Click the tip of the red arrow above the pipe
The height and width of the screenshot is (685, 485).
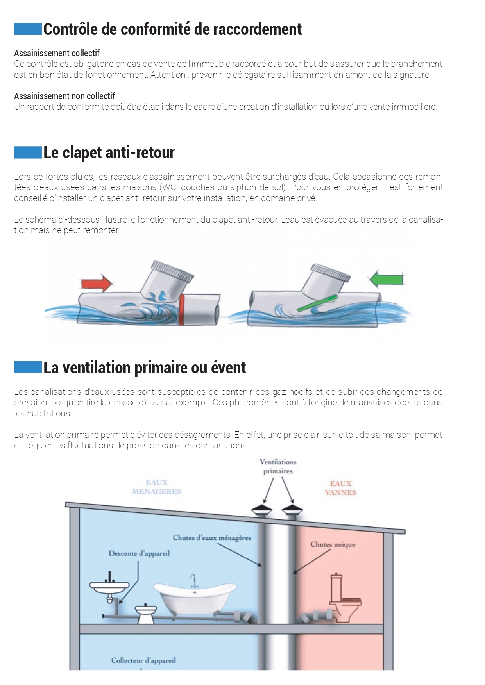coord(113,283)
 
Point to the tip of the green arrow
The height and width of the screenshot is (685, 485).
coord(368,279)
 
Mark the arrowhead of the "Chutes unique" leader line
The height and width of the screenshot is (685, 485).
coord(294,573)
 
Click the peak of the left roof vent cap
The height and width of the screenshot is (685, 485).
coord(262,505)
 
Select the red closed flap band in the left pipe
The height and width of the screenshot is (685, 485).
coord(182,310)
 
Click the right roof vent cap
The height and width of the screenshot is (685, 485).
coord(292,509)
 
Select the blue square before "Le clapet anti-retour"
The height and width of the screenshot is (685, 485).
coord(28,152)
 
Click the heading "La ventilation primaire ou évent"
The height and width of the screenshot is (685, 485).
coord(145,368)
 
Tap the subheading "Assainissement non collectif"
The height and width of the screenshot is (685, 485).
coord(64,96)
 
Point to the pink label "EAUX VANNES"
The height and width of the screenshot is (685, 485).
coord(340,488)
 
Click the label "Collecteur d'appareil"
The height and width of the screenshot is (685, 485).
coord(143,660)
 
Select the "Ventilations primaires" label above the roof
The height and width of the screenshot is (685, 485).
coord(278,466)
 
